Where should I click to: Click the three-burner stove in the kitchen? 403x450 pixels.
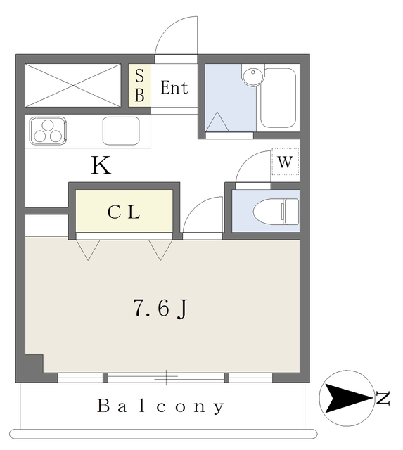48,131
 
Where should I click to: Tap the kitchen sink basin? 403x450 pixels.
121,131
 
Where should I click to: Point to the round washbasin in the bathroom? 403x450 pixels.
251,76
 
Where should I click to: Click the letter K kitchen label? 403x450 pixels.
101,166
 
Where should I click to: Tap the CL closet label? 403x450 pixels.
124,212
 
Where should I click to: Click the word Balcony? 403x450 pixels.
161,406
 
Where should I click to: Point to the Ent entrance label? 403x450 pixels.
174,88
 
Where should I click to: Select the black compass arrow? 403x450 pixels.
349,399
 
